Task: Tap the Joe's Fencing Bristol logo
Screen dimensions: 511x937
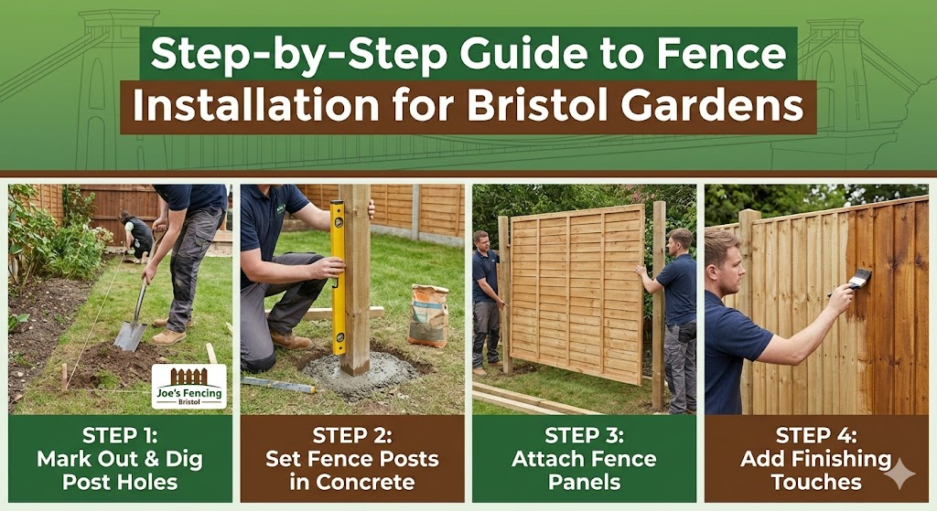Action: click(x=188, y=387)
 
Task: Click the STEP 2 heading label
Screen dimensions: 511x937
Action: click(x=352, y=436)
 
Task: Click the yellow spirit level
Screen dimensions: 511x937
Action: click(x=338, y=275)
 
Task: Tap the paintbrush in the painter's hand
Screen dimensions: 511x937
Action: click(x=858, y=279)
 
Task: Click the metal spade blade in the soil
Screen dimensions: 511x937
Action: click(x=129, y=335)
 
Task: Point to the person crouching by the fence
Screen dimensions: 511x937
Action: click(x=137, y=237)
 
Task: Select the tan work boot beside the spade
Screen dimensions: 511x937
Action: click(x=169, y=336)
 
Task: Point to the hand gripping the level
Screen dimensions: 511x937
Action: click(x=325, y=267)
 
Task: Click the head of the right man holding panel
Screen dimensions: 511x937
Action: click(x=680, y=241)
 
